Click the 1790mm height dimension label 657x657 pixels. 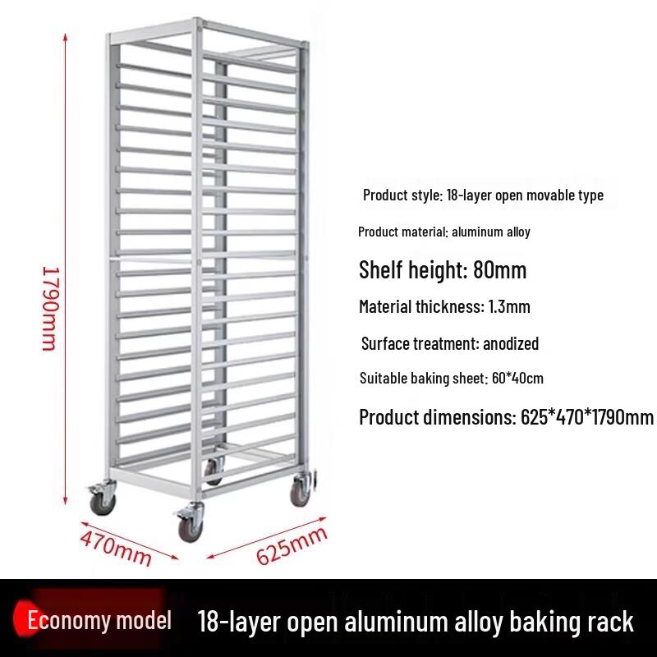click(x=51, y=309)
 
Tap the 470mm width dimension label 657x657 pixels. click(x=116, y=548)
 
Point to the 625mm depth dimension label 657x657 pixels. click(x=292, y=545)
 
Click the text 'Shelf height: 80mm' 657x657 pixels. click(x=443, y=269)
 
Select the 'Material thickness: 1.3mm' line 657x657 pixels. click(x=444, y=306)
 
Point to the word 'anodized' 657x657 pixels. click(x=511, y=343)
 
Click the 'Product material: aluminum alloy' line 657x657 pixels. click(x=444, y=232)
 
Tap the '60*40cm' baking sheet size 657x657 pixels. click(x=517, y=378)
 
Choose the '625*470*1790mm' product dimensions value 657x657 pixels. click(x=587, y=417)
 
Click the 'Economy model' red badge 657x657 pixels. click(x=93, y=619)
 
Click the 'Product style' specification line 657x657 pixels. click(x=483, y=195)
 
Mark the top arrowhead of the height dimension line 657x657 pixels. click(x=66, y=37)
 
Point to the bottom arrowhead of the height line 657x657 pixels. click(x=66, y=500)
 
